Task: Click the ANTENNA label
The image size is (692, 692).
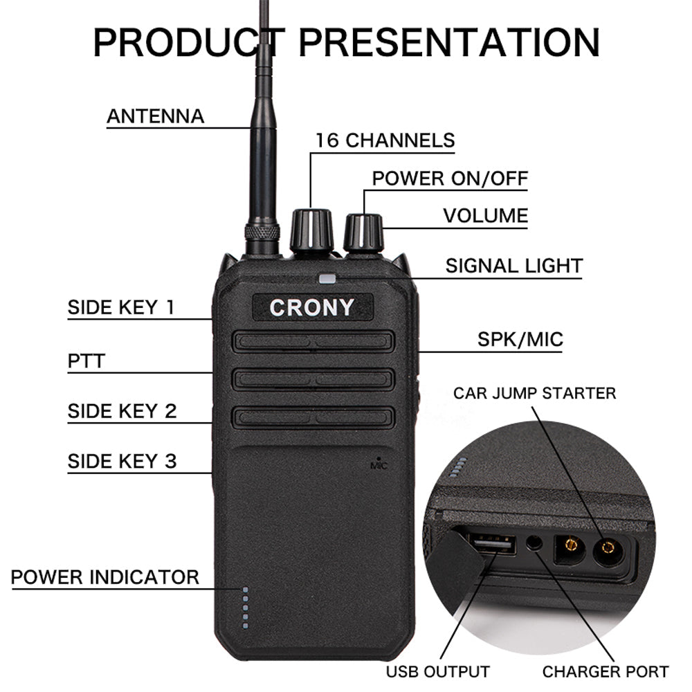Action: click(x=156, y=116)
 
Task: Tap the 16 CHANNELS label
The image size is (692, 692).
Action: click(x=385, y=140)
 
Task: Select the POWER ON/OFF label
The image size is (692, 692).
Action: click(x=450, y=178)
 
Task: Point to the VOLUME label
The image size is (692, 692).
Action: click(x=486, y=215)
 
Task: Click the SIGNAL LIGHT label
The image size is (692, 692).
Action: click(x=513, y=266)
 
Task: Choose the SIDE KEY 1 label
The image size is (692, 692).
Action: click(x=122, y=307)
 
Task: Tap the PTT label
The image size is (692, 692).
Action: click(x=86, y=361)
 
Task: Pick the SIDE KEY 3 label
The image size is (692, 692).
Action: click(x=122, y=461)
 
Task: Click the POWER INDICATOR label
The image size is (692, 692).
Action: click(x=105, y=576)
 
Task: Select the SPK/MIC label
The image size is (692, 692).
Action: click(x=520, y=340)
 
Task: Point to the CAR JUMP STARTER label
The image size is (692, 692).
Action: click(x=534, y=394)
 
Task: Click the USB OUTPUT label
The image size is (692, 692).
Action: click(x=437, y=671)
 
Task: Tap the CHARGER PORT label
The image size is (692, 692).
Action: click(x=605, y=671)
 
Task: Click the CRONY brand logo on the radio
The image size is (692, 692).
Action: click(x=311, y=307)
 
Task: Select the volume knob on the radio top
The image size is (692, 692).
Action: click(x=363, y=234)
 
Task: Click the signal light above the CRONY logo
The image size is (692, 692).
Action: click(x=327, y=280)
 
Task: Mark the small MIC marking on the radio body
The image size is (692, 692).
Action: click(x=379, y=465)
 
